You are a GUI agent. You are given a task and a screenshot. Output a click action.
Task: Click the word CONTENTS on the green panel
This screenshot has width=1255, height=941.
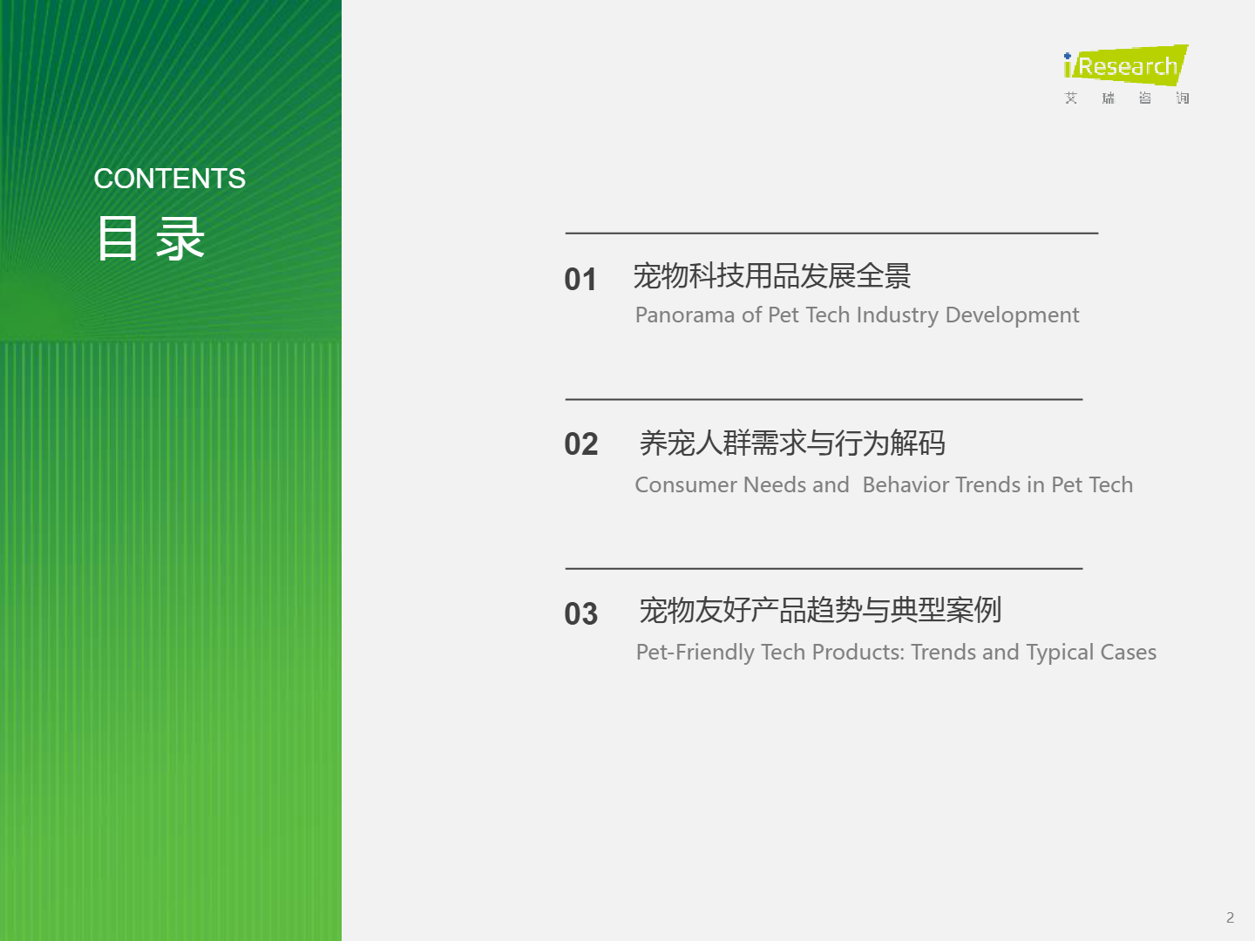click(170, 179)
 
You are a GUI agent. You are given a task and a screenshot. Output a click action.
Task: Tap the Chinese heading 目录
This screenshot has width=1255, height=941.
click(151, 238)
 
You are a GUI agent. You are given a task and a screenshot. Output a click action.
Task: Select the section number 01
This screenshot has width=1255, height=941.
click(580, 280)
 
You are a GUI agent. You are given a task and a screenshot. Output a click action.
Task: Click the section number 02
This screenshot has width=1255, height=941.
click(581, 444)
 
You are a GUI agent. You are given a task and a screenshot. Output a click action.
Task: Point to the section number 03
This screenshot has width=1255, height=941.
click(581, 613)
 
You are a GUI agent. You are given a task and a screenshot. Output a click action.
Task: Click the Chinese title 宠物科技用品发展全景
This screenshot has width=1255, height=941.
click(772, 276)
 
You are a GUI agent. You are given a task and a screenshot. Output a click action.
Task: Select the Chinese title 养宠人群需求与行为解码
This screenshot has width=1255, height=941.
click(792, 443)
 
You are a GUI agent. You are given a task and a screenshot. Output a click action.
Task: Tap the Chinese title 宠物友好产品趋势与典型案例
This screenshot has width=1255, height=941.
click(820, 610)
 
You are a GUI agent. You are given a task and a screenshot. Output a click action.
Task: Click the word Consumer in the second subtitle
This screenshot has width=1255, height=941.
click(686, 485)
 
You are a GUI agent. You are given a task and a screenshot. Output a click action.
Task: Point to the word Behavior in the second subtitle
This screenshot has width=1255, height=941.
click(906, 485)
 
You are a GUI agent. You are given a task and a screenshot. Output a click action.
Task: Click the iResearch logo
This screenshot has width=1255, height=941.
click(1126, 74)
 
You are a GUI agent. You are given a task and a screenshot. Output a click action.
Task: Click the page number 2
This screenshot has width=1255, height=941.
click(1230, 917)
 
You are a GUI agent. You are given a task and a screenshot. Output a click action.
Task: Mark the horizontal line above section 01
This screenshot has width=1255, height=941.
click(832, 234)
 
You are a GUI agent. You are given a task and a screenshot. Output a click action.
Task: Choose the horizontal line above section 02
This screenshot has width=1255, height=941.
click(824, 399)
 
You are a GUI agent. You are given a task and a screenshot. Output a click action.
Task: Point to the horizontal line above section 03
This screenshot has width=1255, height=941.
click(824, 568)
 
